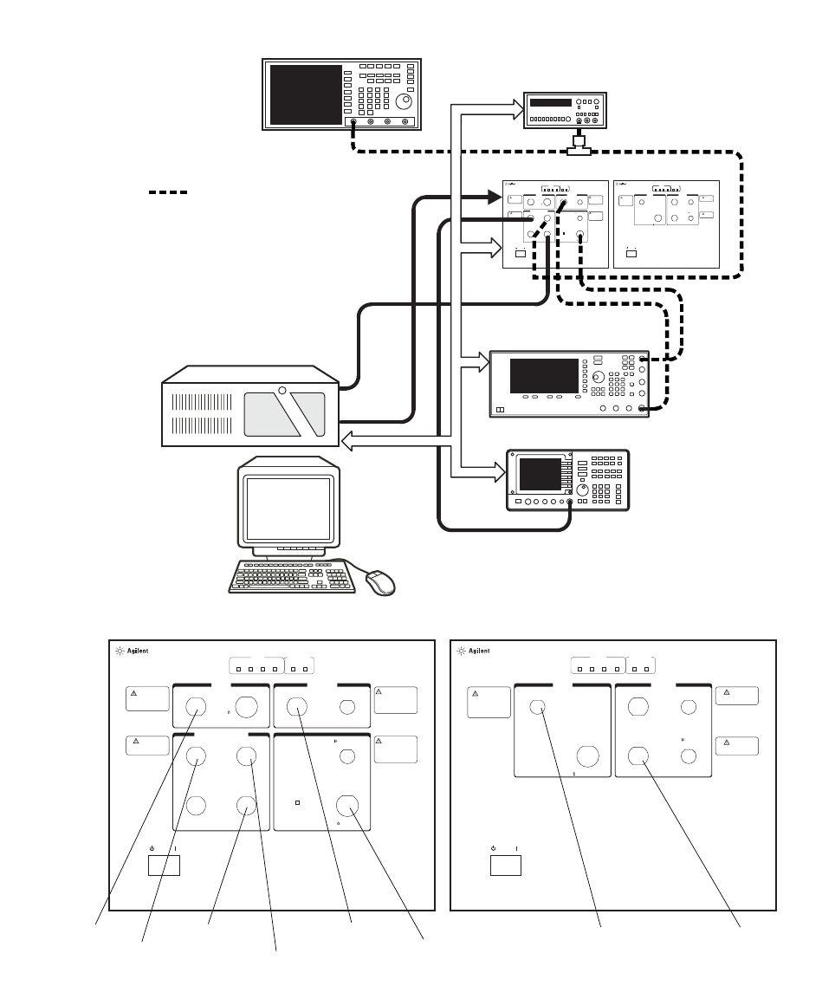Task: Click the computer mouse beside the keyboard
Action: tap(380, 582)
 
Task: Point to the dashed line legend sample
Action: tap(168, 191)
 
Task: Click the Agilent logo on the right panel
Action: tap(474, 651)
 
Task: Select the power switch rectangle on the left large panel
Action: tap(164, 864)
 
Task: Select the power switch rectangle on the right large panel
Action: tap(506, 864)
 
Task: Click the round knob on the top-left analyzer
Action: tap(404, 100)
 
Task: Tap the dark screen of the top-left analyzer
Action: tap(305, 94)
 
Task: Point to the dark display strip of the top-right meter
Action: tap(550, 103)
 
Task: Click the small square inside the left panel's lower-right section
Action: tap(297, 802)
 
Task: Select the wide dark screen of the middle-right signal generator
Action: tap(544, 375)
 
